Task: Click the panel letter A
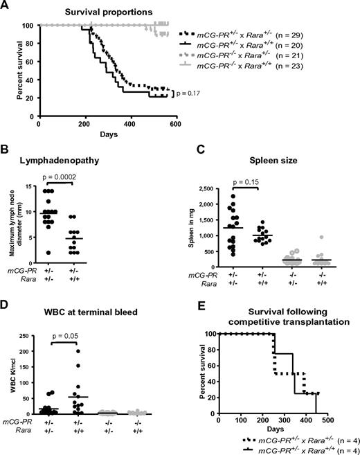tap(6, 6)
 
